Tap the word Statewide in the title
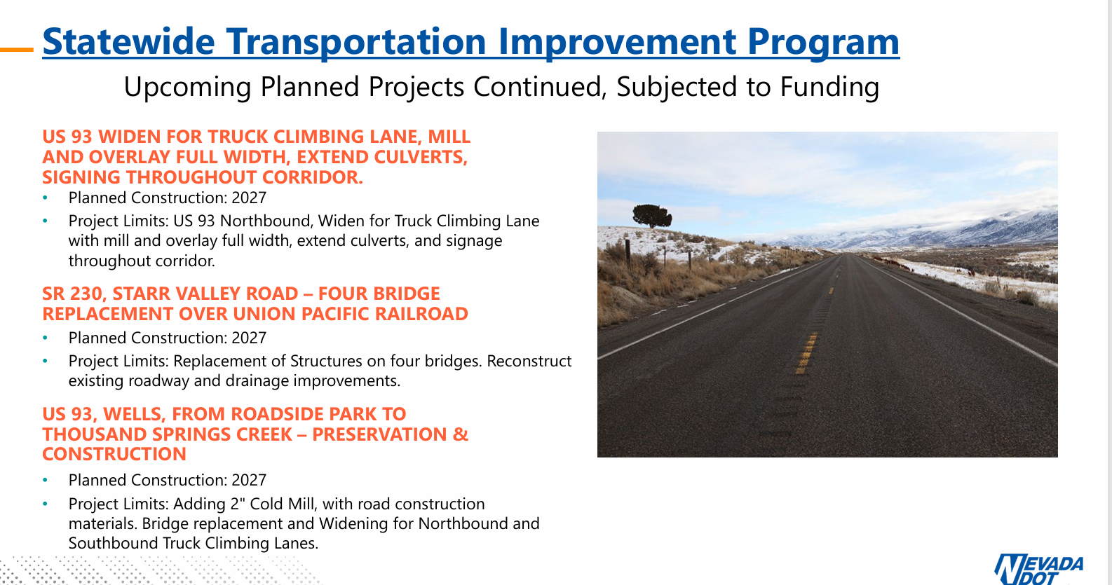click(128, 42)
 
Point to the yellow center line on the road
click(808, 347)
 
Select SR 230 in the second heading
click(72, 294)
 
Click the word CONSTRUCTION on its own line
click(114, 454)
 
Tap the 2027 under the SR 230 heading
click(249, 338)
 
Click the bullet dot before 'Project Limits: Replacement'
click(46, 361)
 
